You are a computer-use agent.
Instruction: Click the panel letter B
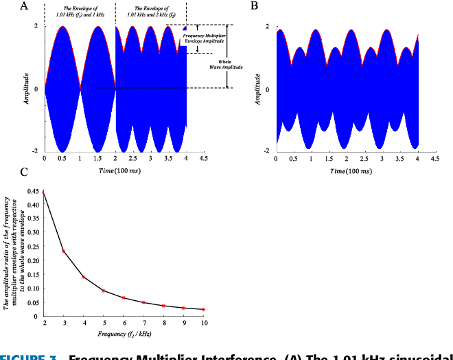click(x=255, y=5)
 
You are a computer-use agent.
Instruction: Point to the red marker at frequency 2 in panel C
click(x=44, y=192)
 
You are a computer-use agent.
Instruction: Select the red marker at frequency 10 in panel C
click(x=204, y=309)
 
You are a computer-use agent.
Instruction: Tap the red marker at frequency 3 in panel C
click(x=64, y=251)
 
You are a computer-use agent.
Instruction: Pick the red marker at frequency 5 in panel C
click(x=104, y=291)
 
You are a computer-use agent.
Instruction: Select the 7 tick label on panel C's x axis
click(x=143, y=322)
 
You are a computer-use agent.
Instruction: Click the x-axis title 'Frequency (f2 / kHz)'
click(x=124, y=333)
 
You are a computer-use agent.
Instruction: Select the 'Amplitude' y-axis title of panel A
click(x=26, y=89)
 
